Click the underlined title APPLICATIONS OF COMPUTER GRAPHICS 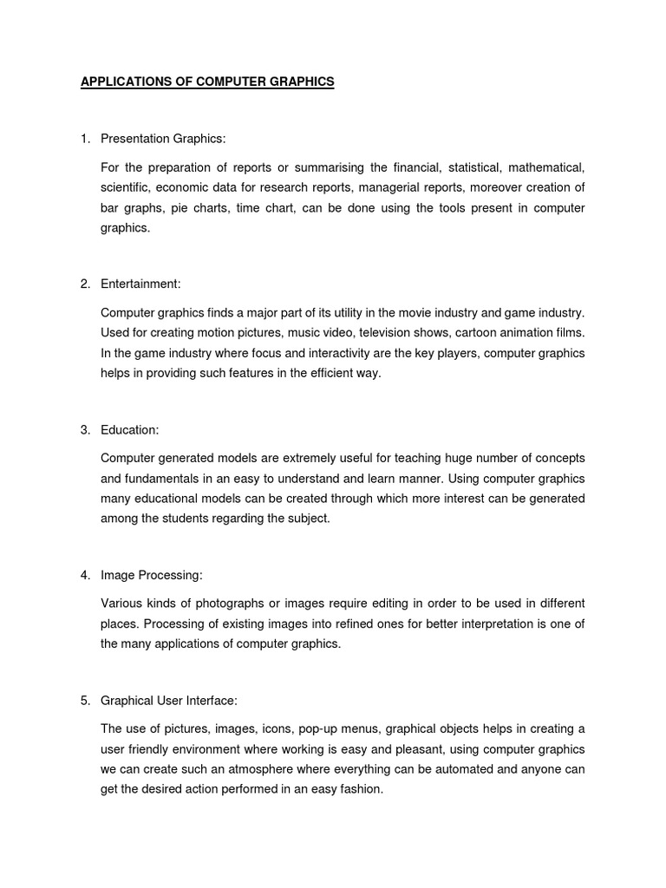click(206, 82)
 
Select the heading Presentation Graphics click(162, 139)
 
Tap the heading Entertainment click(140, 284)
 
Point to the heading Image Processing click(152, 575)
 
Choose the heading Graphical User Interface click(169, 700)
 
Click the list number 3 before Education click(85, 429)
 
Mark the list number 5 click(85, 700)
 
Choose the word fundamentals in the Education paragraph click(162, 479)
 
